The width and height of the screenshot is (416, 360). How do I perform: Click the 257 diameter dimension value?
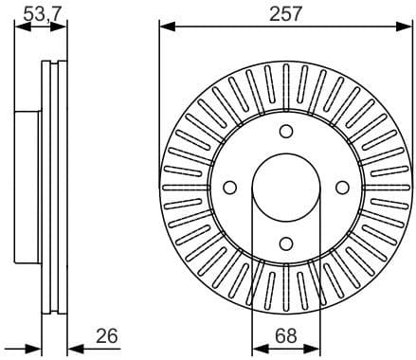pos(285,12)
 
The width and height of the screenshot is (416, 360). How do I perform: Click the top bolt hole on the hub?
pos(286,132)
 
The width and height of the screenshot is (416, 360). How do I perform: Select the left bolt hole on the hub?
pos(229,188)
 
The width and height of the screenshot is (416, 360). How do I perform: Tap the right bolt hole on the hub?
pos(342,188)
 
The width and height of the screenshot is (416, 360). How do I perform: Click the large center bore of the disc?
pos(286,188)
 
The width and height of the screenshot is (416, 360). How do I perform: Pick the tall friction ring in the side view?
pos(56,188)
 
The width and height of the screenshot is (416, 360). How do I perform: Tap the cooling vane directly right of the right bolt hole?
pos(384,188)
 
